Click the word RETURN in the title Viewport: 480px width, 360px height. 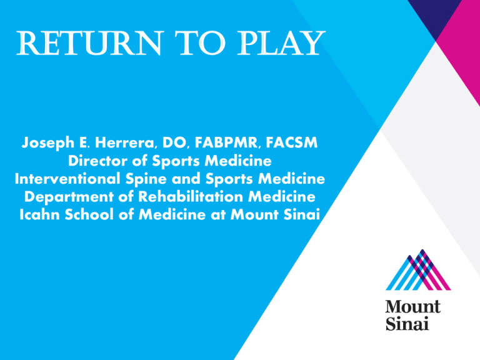pos(89,43)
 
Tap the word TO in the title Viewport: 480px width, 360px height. pos(200,43)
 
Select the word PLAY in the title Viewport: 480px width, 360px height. pos(281,43)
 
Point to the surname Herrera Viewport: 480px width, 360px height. pos(125,143)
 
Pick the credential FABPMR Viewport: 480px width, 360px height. pos(226,143)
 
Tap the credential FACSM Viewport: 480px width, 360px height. pos(292,142)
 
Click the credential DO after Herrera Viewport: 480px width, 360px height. pos(174,143)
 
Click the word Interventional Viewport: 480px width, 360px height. pos(67,179)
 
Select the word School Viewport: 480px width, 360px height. pos(89,214)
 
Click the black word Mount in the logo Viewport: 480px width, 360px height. pos(413,307)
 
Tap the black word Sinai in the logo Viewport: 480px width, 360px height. pos(407,323)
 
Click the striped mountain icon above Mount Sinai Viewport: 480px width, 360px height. pos(418,270)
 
